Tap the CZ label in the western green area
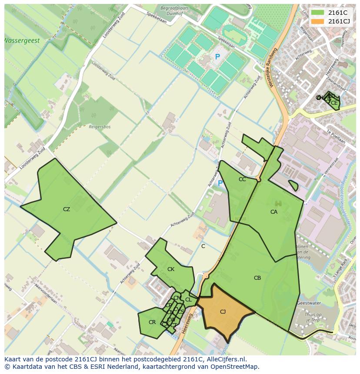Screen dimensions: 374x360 pos(66,209)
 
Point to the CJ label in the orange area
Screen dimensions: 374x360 pos(223,312)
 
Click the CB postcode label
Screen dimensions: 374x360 pos(257,278)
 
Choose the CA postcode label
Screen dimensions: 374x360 pos(274,212)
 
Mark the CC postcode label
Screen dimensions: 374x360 pos(242,179)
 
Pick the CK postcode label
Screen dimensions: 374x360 pos(171,269)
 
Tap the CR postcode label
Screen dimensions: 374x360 pos(152,322)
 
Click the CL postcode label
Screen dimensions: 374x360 pos(188,300)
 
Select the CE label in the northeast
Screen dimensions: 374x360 pos(334,103)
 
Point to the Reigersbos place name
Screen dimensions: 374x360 pos(99,127)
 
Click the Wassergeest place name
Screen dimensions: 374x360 pos(22,41)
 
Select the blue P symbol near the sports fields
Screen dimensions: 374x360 pos(217,57)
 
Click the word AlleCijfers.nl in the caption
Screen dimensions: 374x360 pos(226,360)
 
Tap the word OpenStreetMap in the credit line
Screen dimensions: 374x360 pos(236,367)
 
